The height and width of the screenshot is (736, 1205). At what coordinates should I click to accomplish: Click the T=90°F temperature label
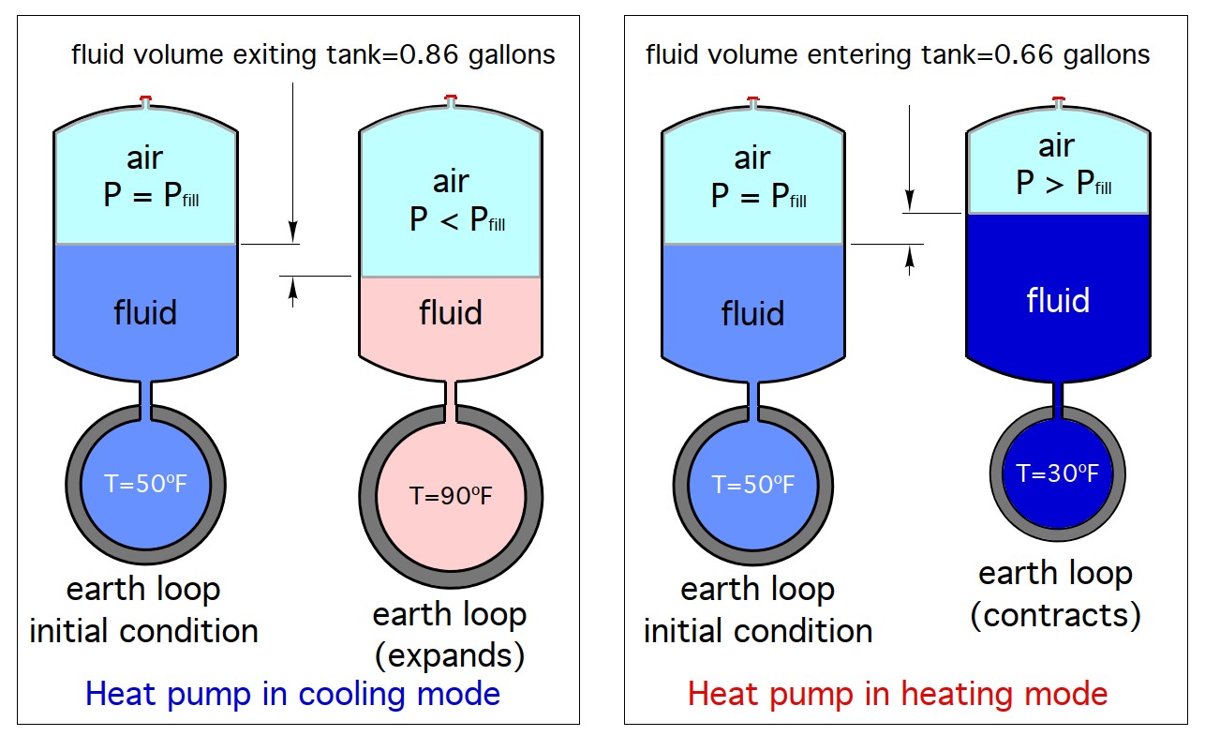pyautogui.click(x=451, y=496)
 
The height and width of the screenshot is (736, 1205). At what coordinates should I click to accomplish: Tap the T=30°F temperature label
pyautogui.click(x=1057, y=473)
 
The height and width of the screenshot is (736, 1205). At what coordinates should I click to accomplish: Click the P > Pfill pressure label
pyautogui.click(x=1064, y=183)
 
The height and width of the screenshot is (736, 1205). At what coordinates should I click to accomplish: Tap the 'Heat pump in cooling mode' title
pyautogui.click(x=292, y=694)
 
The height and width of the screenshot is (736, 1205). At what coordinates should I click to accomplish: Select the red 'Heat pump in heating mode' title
pyautogui.click(x=897, y=694)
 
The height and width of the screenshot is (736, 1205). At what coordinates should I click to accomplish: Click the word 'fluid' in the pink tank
pyautogui.click(x=451, y=312)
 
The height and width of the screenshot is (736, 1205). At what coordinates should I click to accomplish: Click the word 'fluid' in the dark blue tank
pyautogui.click(x=1058, y=301)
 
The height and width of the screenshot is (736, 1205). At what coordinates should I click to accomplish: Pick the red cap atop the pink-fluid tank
pyautogui.click(x=451, y=98)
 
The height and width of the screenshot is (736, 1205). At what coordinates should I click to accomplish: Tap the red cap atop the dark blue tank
pyautogui.click(x=1058, y=98)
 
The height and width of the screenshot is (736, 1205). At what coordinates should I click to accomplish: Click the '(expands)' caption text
pyautogui.click(x=450, y=655)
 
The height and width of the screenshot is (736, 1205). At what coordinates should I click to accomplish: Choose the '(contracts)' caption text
pyautogui.click(x=1056, y=615)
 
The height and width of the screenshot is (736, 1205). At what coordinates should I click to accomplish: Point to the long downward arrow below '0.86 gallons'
pyautogui.click(x=292, y=159)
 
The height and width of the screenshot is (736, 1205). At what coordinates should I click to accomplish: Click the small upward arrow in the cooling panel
pyautogui.click(x=292, y=293)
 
